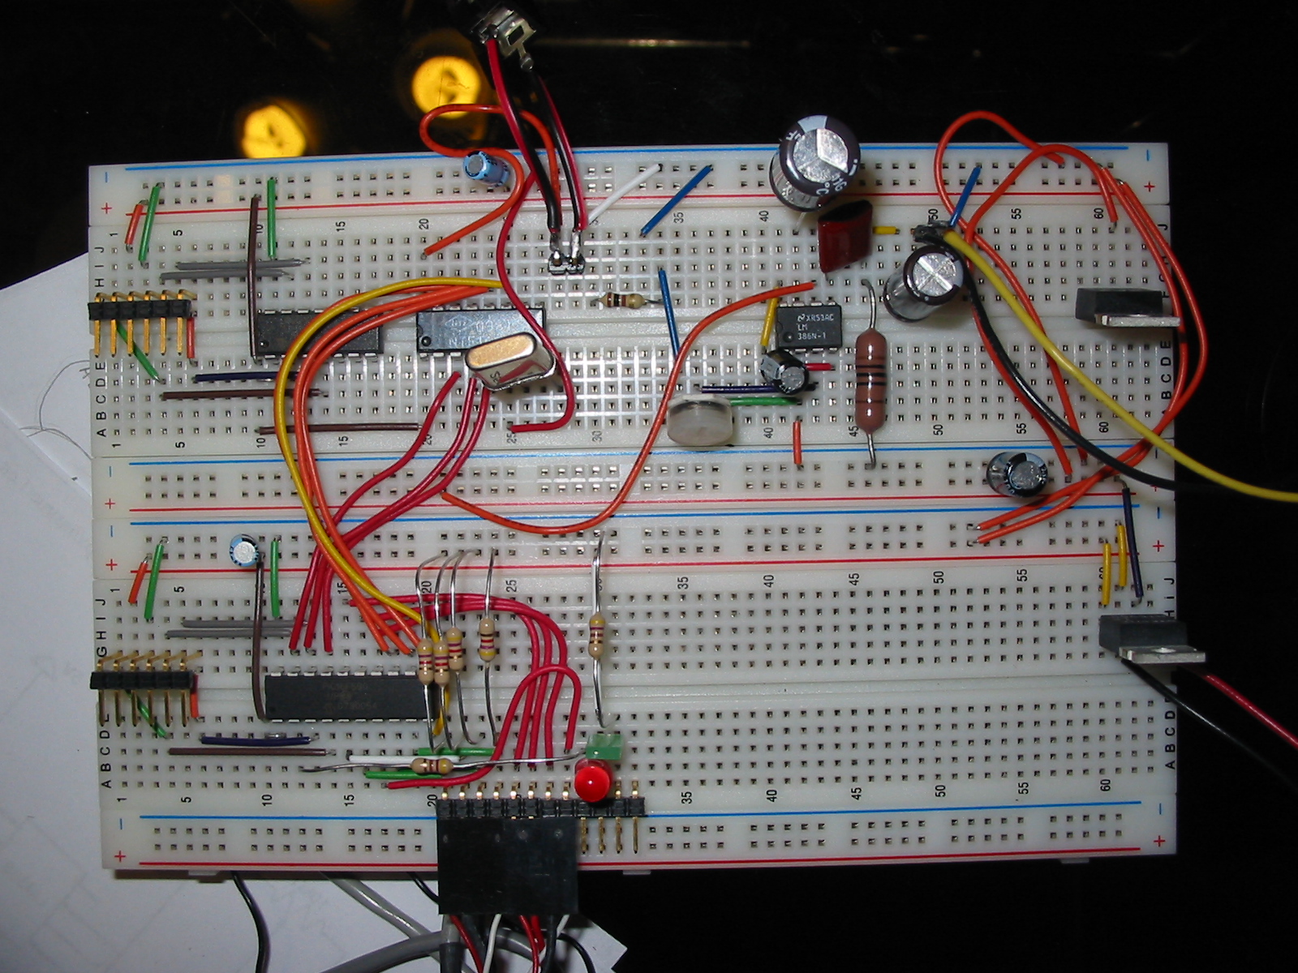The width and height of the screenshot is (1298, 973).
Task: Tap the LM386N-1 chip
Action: pyautogui.click(x=806, y=326)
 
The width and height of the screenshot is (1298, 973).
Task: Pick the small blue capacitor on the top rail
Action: pyautogui.click(x=487, y=169)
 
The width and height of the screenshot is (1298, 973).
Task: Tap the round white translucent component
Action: pyautogui.click(x=699, y=422)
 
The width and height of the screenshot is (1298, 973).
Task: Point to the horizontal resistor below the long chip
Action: pyautogui.click(x=432, y=765)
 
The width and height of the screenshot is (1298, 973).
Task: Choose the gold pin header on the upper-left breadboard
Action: pyautogui.click(x=142, y=311)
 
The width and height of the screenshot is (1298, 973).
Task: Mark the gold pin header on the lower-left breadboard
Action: pyautogui.click(x=144, y=679)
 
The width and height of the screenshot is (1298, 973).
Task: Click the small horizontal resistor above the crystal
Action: pyautogui.click(x=621, y=302)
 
